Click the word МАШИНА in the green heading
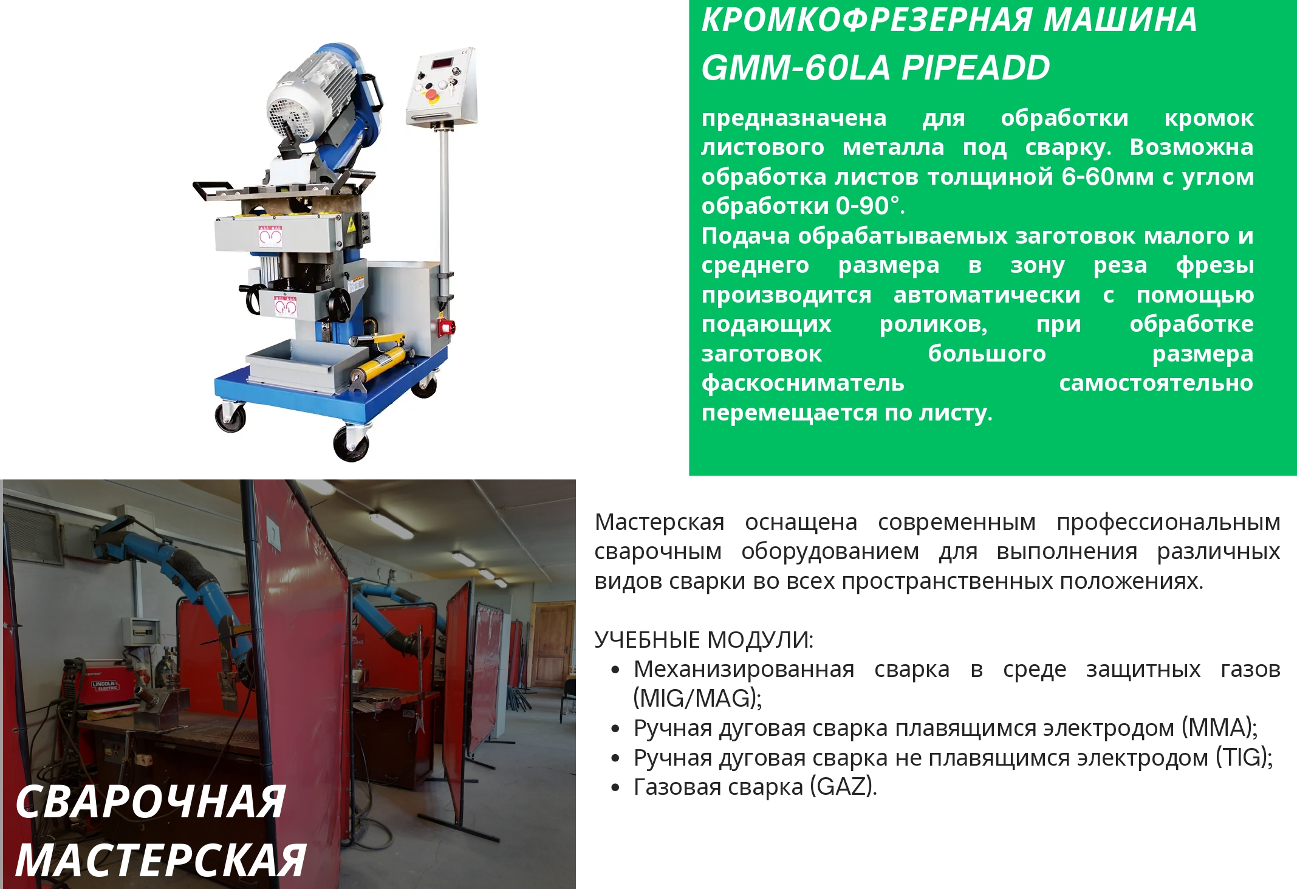click(1120, 19)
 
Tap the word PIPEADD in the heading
click(976, 67)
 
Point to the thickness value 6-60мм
click(1107, 177)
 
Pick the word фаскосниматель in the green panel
click(803, 383)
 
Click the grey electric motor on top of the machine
click(310, 91)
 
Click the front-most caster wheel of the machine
click(351, 443)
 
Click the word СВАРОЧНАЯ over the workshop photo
click(151, 802)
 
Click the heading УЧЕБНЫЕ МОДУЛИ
click(703, 640)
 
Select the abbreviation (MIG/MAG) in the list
click(697, 699)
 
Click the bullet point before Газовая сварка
click(616, 788)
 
